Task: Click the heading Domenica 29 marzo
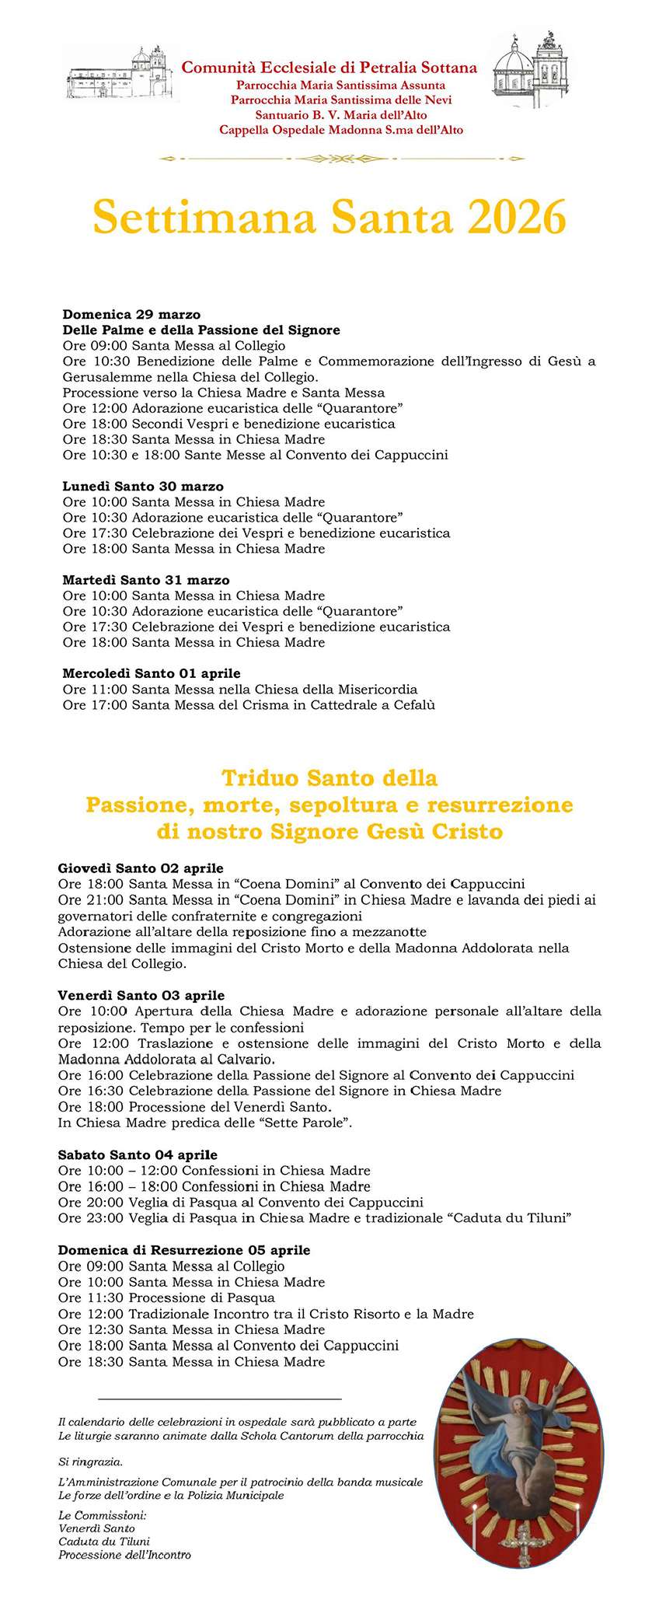pos(131,315)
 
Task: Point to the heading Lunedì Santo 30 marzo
pos(143,487)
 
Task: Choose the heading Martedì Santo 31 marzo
pos(146,580)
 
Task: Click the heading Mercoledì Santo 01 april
pos(152,673)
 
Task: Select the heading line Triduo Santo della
pos(329,777)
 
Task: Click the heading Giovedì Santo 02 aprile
pos(141,868)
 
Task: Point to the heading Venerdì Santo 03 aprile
pos(141,995)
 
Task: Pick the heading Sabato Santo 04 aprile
pos(138,1155)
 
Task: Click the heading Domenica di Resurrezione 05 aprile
pos(184,1250)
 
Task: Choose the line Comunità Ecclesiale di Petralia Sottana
pos(329,68)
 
